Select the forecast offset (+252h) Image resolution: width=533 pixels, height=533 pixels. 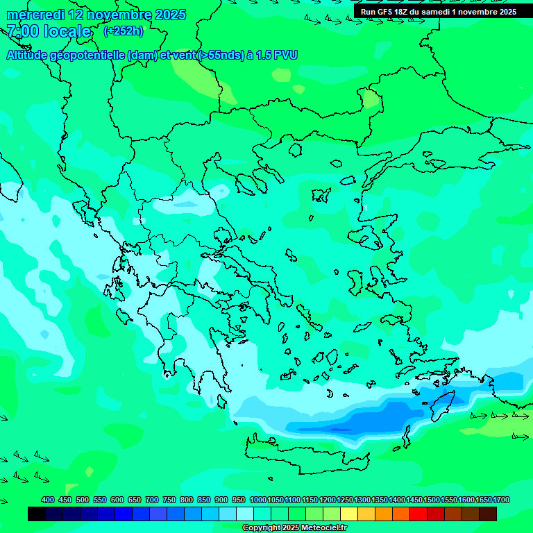(x=123, y=31)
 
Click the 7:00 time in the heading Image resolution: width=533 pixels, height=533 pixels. (x=22, y=31)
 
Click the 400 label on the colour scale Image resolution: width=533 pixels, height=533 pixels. (x=48, y=500)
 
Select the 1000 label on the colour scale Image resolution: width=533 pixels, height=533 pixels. (x=257, y=500)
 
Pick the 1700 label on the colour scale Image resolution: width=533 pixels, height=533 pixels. (x=501, y=500)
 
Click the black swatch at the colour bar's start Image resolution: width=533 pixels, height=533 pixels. (x=37, y=514)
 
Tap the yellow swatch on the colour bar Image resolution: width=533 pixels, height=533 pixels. (x=349, y=514)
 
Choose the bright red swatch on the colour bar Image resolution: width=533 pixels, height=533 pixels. (x=418, y=514)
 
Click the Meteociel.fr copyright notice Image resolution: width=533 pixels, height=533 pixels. (x=294, y=528)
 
